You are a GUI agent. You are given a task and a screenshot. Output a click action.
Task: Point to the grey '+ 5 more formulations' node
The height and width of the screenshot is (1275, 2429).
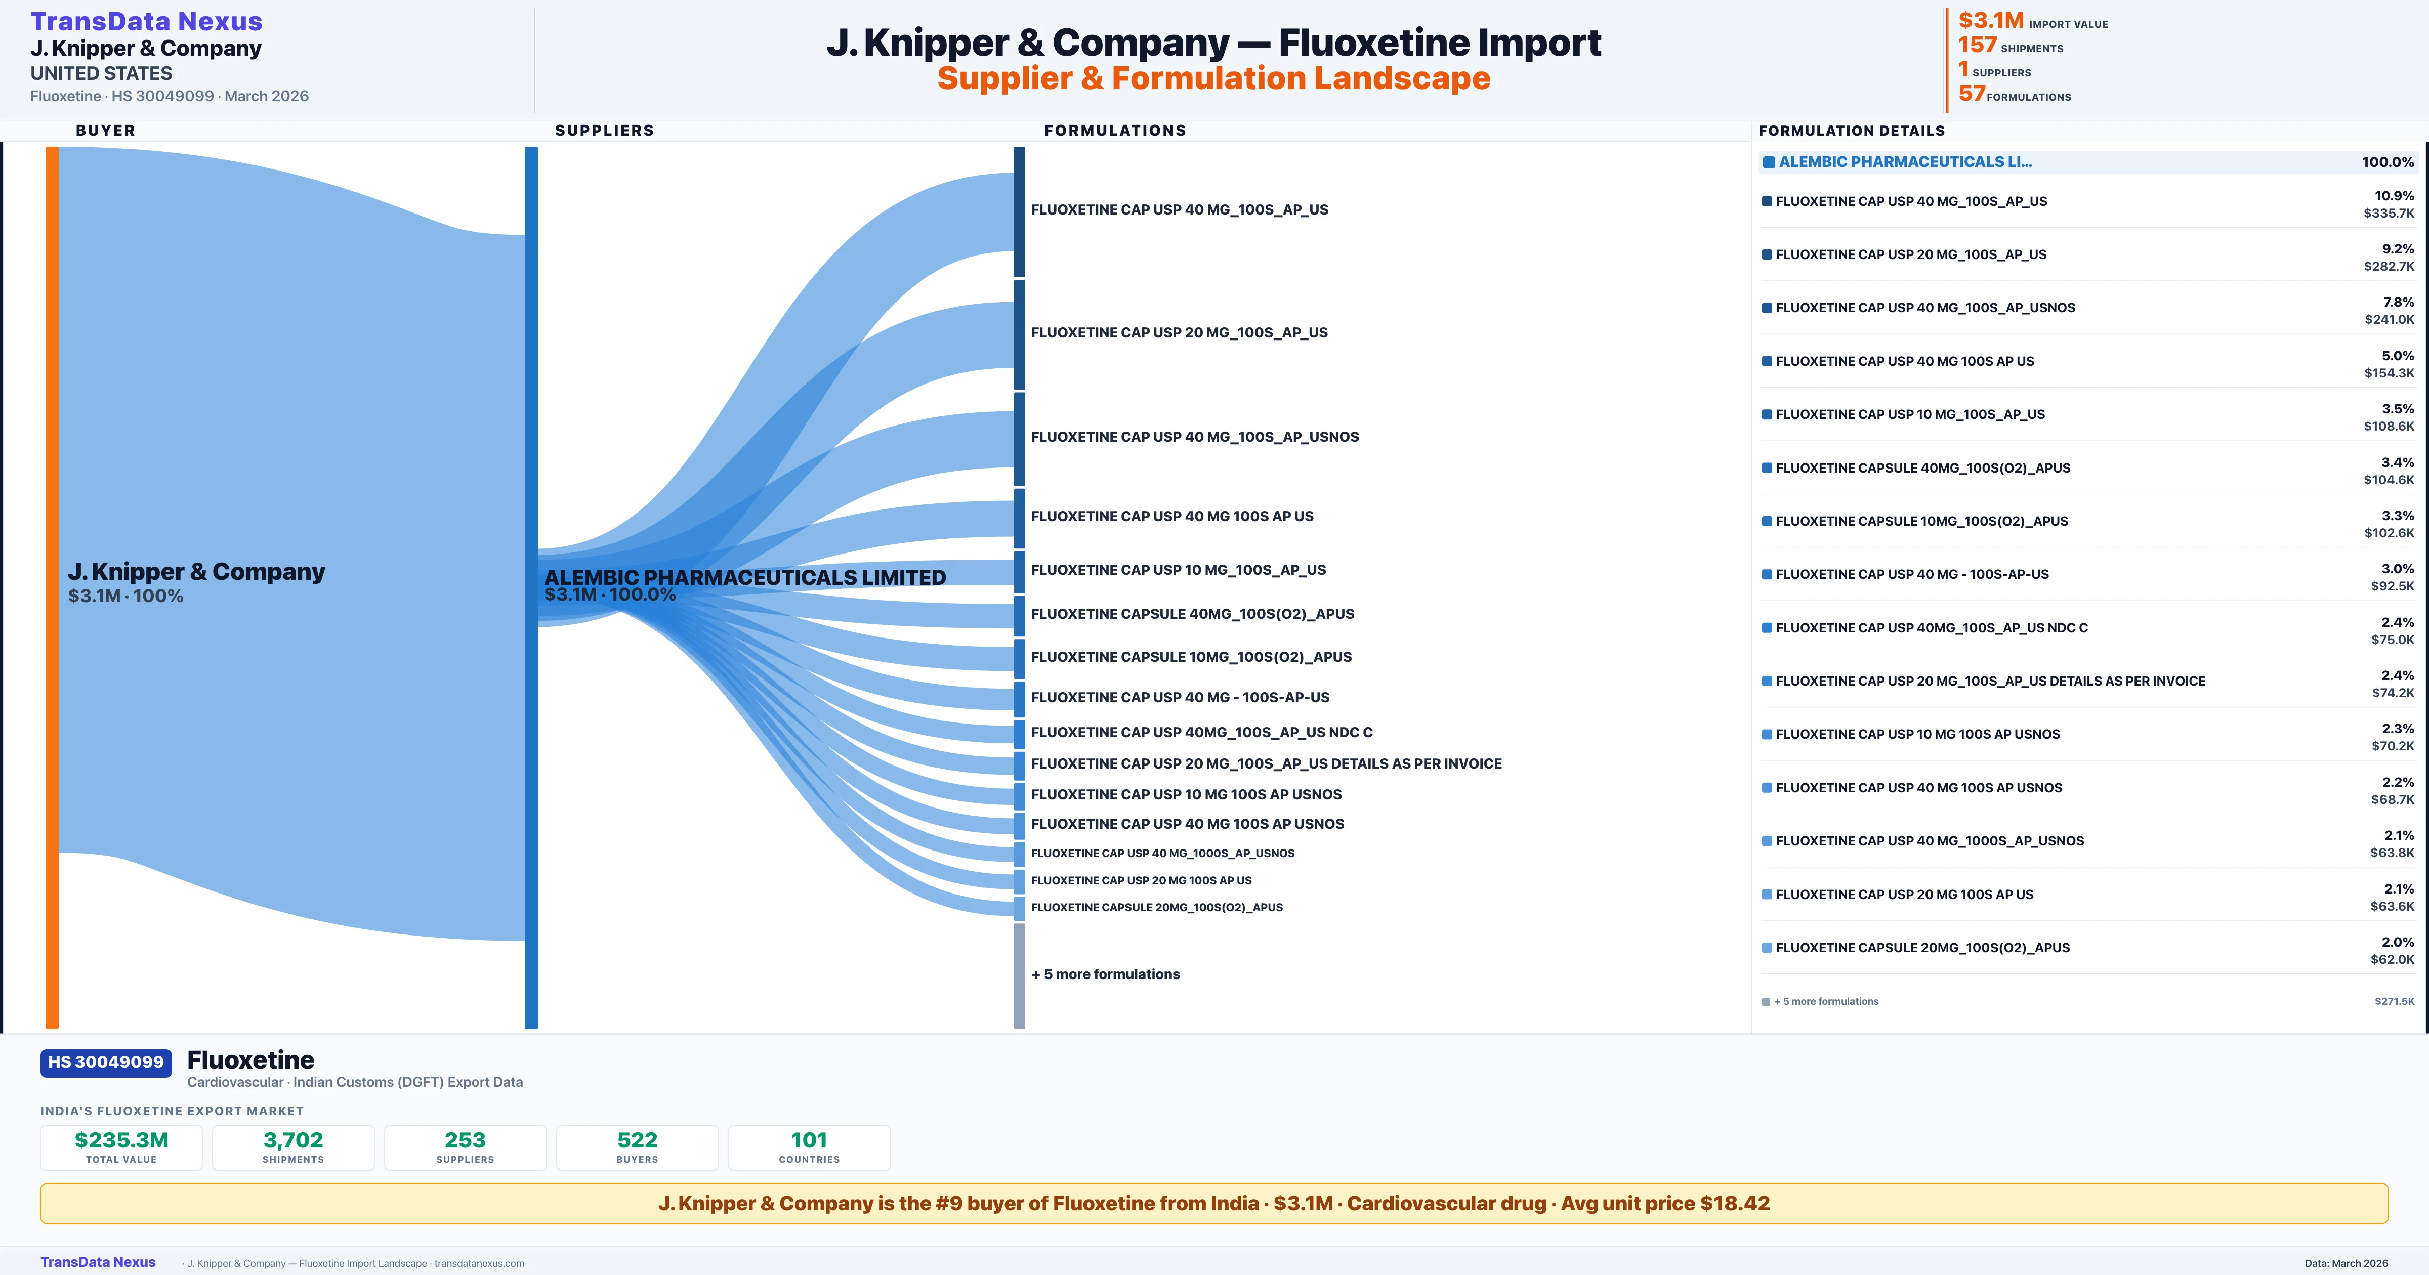(x=1019, y=975)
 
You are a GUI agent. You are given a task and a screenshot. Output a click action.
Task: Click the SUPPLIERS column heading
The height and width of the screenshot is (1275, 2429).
(x=604, y=130)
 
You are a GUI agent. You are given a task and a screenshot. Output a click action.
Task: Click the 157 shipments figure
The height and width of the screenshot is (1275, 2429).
(x=1977, y=45)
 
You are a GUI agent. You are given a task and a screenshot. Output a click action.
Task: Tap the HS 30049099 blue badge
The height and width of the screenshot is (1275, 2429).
(x=106, y=1062)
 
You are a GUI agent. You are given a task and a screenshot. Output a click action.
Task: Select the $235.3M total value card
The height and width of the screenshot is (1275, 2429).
(x=121, y=1147)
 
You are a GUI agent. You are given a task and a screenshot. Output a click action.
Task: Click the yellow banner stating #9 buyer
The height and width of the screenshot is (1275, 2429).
(x=1213, y=1203)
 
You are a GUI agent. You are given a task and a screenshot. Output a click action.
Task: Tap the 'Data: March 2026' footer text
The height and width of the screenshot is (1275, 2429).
(x=2346, y=1263)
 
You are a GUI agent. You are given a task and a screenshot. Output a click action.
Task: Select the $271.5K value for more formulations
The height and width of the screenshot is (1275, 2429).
(x=2394, y=1001)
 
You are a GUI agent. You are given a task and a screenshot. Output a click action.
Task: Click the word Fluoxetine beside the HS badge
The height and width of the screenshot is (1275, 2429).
(x=251, y=1060)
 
